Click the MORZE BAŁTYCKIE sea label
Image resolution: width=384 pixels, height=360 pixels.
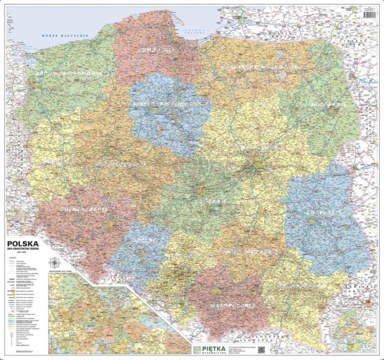click(65, 36)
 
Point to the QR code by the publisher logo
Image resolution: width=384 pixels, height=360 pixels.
click(261, 350)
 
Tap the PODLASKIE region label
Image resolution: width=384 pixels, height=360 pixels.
click(327, 104)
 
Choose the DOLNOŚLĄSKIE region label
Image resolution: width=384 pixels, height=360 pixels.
click(84, 209)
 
